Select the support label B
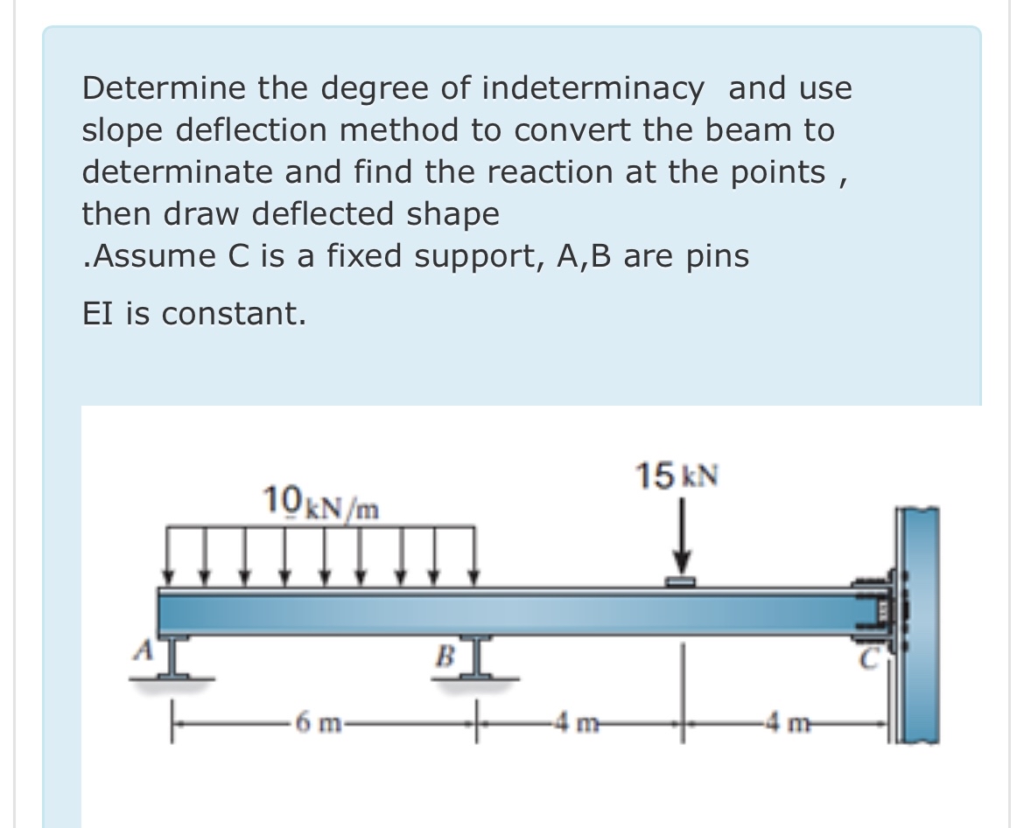(x=445, y=653)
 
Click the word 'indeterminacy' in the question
(x=593, y=88)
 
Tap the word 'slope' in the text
(x=125, y=131)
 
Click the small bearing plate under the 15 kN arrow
(x=682, y=581)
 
